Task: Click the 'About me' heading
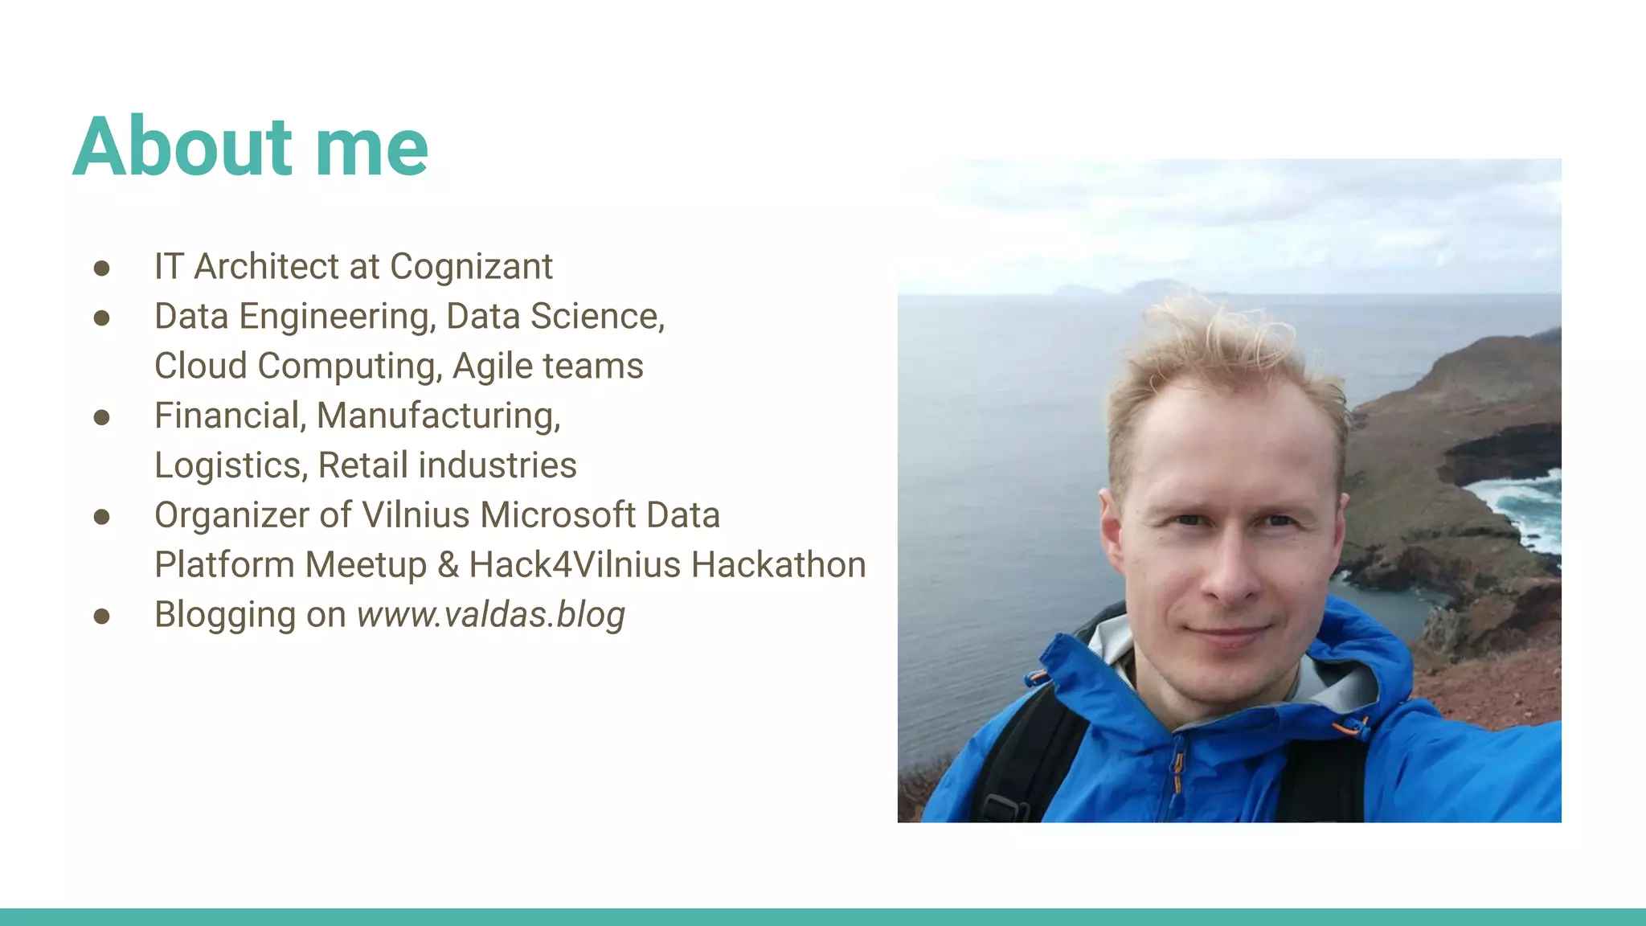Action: click(x=251, y=147)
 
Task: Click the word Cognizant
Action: click(x=471, y=267)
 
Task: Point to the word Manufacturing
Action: click(x=438, y=416)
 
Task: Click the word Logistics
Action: click(x=231, y=466)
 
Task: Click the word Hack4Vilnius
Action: click(x=574, y=565)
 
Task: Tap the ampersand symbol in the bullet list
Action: click(x=448, y=565)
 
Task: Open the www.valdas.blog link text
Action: click(x=490, y=615)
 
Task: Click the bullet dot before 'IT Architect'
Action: click(x=101, y=268)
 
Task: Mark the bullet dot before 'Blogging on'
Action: click(x=101, y=616)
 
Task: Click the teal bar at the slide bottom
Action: click(x=823, y=916)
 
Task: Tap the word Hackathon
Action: click(x=778, y=565)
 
